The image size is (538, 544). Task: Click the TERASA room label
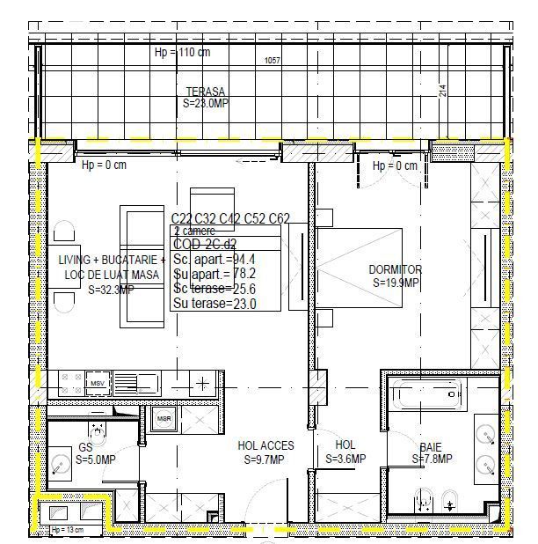[x=205, y=92]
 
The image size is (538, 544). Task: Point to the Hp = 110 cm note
[x=182, y=52]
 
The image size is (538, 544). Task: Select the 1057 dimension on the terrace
[x=273, y=61]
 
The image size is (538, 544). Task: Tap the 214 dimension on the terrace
[x=442, y=90]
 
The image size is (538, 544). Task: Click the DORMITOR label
[x=395, y=269]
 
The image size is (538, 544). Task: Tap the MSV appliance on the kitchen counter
[x=97, y=384]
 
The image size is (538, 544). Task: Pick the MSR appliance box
[x=164, y=419]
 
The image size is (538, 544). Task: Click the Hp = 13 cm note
[x=68, y=529]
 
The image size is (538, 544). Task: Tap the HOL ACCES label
[x=265, y=446]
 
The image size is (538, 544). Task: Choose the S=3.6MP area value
[x=345, y=459]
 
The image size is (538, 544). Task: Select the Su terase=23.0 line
[x=215, y=304]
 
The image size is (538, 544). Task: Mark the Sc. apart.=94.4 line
[x=215, y=259]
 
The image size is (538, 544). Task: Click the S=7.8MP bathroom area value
[x=431, y=459]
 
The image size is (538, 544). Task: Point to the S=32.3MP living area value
[x=111, y=289]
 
